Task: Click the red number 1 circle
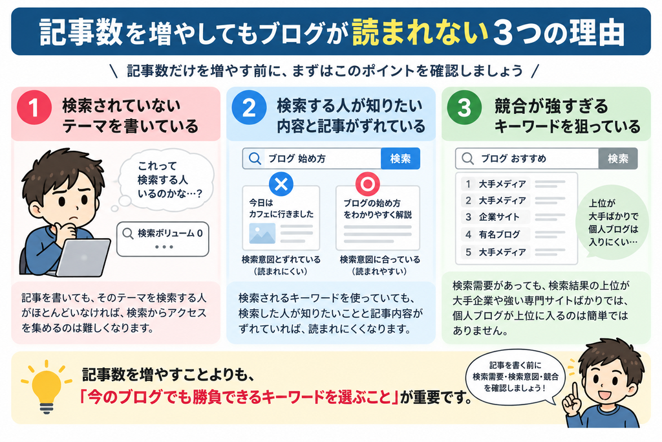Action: pyautogui.click(x=34, y=107)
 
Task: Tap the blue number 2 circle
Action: pyautogui.click(x=249, y=107)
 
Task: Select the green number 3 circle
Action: pyautogui.click(x=464, y=107)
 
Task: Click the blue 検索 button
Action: pyautogui.click(x=400, y=159)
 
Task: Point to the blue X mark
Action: pyautogui.click(x=281, y=184)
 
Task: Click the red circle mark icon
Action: pyautogui.click(x=367, y=184)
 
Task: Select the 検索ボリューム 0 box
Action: pyautogui.click(x=163, y=239)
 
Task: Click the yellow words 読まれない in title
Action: pyautogui.click(x=420, y=32)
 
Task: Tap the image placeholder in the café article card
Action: pyautogui.click(x=262, y=233)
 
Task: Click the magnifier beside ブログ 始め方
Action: pyautogui.click(x=255, y=159)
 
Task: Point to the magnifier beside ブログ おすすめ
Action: pyautogui.click(x=467, y=159)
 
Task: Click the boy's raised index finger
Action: pyautogui.click(x=575, y=391)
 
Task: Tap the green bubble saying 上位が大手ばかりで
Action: pyautogui.click(x=613, y=222)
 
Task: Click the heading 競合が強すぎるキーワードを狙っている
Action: pyautogui.click(x=567, y=116)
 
